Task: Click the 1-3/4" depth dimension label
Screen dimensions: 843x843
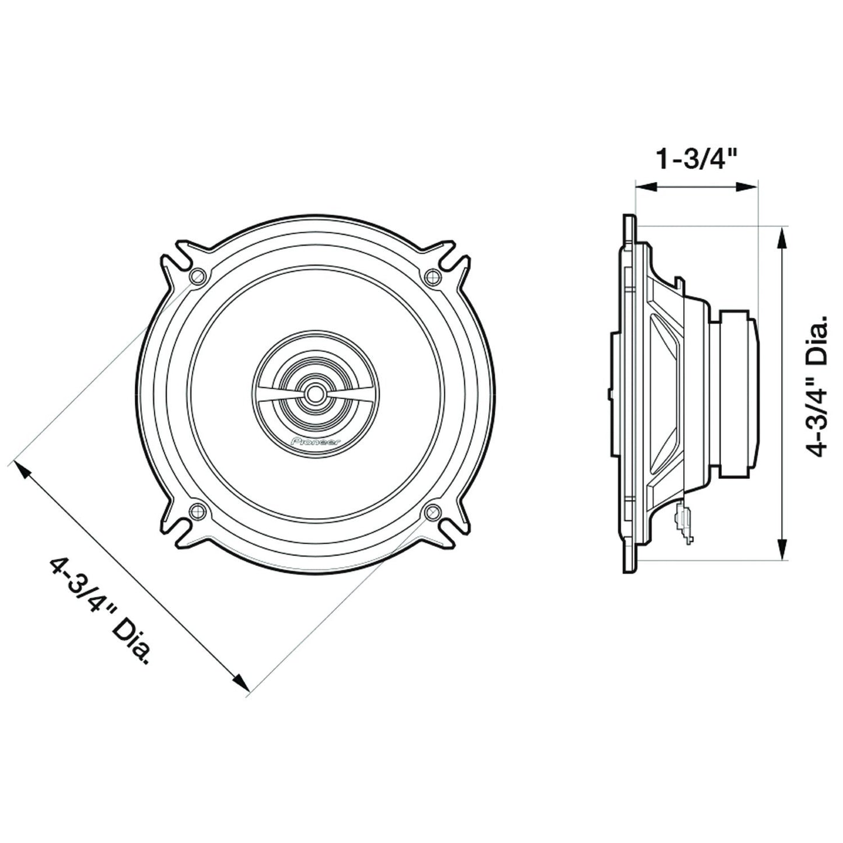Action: [695, 160]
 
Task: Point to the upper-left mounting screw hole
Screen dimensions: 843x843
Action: [198, 276]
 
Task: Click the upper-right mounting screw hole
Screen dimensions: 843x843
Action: [433, 276]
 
